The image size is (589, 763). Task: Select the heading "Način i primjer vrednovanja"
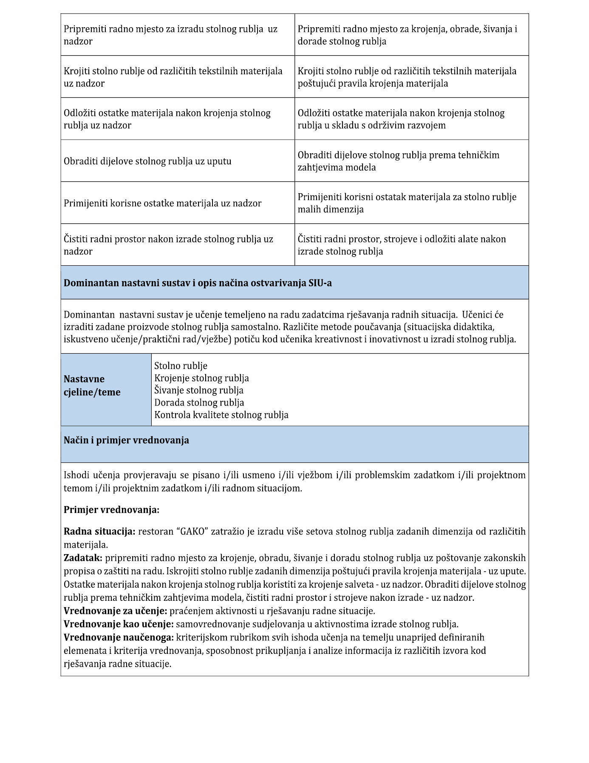[x=126, y=440]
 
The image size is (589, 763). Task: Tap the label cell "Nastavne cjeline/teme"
[x=92, y=386]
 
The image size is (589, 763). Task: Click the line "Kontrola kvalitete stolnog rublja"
[x=221, y=415]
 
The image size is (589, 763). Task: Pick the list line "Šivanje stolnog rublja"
[x=198, y=390]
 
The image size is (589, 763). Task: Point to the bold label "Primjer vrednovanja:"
[x=111, y=510]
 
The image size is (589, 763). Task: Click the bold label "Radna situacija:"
[x=99, y=531]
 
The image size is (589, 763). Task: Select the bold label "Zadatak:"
[x=83, y=558]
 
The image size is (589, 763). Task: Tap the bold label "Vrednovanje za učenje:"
[x=115, y=611]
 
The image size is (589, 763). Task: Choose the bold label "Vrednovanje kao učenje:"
[x=118, y=624]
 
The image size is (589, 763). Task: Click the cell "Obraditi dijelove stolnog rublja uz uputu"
[x=147, y=161]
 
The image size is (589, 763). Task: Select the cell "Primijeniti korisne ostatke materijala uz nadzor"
[x=162, y=203]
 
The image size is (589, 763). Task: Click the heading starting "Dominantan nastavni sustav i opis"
[x=198, y=283]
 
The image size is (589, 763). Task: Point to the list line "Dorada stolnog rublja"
[x=199, y=403]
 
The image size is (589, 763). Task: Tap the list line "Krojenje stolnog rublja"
[x=201, y=378]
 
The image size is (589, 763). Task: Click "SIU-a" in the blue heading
[x=320, y=283]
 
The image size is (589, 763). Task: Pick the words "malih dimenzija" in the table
[x=330, y=209]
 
